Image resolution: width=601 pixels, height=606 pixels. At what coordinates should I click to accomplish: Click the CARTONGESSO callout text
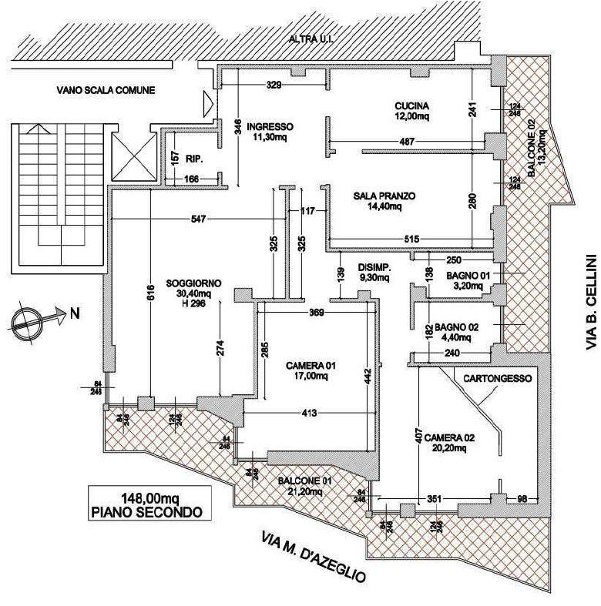(x=492, y=378)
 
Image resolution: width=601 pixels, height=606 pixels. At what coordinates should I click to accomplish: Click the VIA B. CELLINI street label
(x=591, y=300)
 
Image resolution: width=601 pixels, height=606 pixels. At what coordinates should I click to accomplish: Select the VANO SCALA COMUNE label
(x=106, y=90)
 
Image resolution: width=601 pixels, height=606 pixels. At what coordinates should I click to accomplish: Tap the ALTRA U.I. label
(x=311, y=39)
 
